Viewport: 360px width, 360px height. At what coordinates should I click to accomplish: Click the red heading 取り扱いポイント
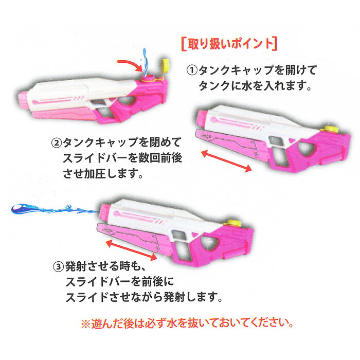tap(229, 44)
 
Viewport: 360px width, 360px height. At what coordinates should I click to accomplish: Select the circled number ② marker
tap(57, 143)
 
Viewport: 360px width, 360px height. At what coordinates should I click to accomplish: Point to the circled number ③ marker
tap(59, 267)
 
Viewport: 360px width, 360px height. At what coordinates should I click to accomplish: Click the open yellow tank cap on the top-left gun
tap(165, 65)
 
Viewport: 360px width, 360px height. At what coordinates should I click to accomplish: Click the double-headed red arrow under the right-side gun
tap(226, 160)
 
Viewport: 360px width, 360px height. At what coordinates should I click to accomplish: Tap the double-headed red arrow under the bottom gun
tap(131, 250)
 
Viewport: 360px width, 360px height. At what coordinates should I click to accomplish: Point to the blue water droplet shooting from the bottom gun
tap(55, 209)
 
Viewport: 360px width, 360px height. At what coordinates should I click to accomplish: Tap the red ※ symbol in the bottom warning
tap(86, 324)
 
